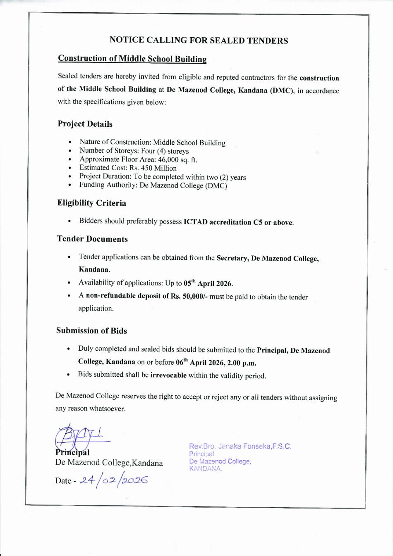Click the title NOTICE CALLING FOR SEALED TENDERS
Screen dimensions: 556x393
tap(199, 40)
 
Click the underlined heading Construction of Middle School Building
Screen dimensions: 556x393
tap(132, 59)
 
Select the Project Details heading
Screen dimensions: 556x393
tap(85, 124)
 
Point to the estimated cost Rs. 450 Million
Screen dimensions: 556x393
tap(153, 168)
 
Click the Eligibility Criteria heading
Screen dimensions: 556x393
tap(91, 203)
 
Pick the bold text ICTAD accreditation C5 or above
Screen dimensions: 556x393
tap(238, 222)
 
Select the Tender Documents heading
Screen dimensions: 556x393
tap(92, 239)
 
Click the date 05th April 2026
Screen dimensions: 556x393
tap(208, 283)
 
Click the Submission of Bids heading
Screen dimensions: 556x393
tap(91, 330)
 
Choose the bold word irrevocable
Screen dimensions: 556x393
tap(168, 375)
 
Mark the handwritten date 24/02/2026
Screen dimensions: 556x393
tap(114, 480)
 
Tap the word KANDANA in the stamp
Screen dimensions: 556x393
tap(205, 468)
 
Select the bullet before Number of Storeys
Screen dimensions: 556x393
tap(70, 151)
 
